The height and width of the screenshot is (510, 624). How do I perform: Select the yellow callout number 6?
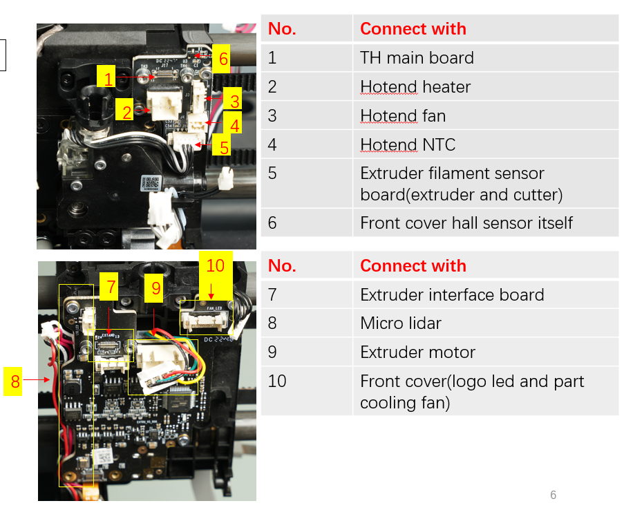click(223, 59)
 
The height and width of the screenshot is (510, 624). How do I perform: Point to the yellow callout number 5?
click(224, 147)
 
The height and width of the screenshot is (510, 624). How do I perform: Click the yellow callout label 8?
click(15, 381)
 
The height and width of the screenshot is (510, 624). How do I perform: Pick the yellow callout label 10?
click(216, 266)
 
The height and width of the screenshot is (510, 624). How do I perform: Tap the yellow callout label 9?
click(156, 287)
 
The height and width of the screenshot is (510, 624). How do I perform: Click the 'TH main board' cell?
click(417, 57)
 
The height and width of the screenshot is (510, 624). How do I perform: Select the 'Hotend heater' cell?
click(415, 87)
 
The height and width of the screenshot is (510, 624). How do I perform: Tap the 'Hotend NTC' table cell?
click(407, 145)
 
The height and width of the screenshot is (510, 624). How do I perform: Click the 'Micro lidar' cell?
click(400, 323)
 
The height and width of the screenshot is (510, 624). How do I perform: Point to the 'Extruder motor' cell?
click(417, 352)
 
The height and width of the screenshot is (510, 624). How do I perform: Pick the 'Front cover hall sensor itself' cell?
click(466, 223)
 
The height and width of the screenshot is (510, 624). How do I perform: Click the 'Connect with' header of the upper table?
click(413, 28)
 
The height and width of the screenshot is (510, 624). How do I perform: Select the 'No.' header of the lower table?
click(281, 266)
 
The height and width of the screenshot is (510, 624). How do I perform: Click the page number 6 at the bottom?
click(553, 495)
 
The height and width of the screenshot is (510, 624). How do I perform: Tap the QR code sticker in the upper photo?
click(151, 184)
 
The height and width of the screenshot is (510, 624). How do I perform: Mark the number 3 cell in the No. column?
click(272, 115)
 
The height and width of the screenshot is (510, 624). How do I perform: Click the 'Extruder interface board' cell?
click(451, 294)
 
